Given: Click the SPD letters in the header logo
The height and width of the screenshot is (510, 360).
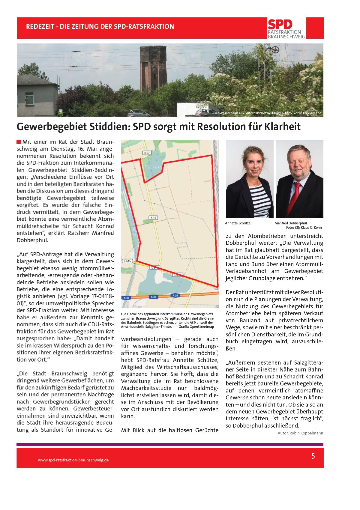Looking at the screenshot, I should [280, 24].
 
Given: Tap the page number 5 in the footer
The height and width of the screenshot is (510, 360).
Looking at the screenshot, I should [313, 456].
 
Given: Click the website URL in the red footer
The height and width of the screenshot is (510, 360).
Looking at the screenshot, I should [73, 460].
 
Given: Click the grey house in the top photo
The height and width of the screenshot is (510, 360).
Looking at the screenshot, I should [37, 96].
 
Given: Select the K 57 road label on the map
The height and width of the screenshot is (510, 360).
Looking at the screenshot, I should [147, 153].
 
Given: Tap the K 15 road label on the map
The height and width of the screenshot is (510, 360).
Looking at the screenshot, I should [153, 217].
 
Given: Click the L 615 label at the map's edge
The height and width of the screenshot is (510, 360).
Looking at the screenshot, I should [127, 261].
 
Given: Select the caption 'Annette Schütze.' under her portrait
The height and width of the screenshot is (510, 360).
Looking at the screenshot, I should [238, 223].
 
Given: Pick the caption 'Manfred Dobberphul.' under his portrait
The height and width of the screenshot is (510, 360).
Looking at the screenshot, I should [291, 223].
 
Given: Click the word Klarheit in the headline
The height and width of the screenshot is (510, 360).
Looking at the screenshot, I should [282, 127].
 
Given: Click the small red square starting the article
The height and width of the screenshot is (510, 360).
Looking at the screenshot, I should [19, 142].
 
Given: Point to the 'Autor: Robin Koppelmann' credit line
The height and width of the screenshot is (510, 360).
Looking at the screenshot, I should [300, 433].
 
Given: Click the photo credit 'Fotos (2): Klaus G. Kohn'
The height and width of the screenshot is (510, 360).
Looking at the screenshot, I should [304, 228].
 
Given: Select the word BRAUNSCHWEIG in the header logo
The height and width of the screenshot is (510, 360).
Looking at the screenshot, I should [286, 37].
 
